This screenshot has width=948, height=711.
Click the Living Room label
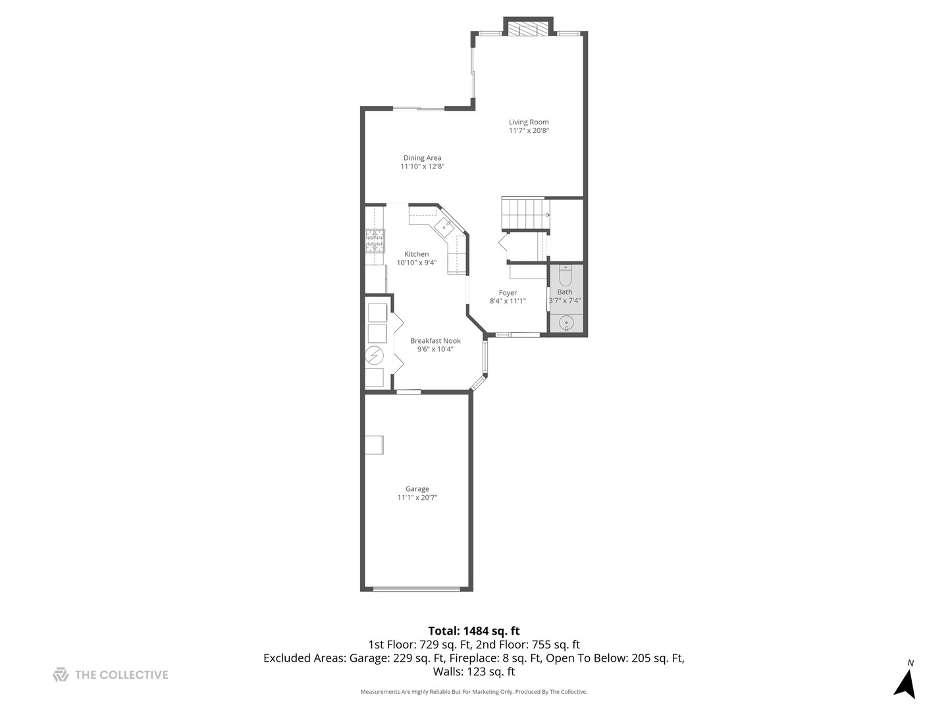click(x=528, y=122)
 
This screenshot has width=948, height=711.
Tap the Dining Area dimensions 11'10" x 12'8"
click(x=422, y=167)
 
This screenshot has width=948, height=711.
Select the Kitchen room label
click(x=416, y=254)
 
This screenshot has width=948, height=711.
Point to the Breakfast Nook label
click(x=435, y=340)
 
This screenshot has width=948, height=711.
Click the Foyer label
click(x=508, y=293)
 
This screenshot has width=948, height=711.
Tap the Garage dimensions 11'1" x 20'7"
click(x=417, y=498)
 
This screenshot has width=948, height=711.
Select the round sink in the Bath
click(x=566, y=323)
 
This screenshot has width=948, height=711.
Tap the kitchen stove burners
click(x=375, y=241)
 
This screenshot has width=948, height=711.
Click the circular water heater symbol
click(x=375, y=355)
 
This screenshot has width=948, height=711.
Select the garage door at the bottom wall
click(x=417, y=589)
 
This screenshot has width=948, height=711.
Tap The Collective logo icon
click(x=61, y=675)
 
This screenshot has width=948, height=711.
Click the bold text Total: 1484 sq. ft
click(x=473, y=631)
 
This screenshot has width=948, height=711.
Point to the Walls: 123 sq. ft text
click(x=473, y=672)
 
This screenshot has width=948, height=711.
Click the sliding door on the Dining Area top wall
click(x=419, y=108)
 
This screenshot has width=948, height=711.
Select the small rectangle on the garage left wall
click(x=375, y=444)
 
